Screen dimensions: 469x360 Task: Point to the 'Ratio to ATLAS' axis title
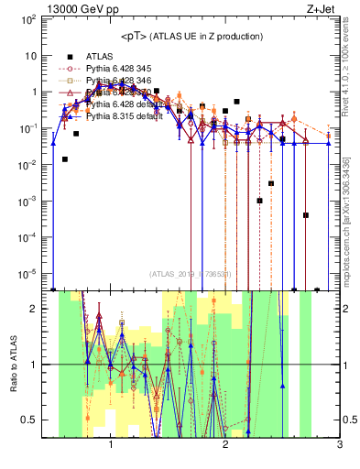pos(15,365)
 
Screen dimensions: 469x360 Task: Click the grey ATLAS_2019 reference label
pos(191,273)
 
